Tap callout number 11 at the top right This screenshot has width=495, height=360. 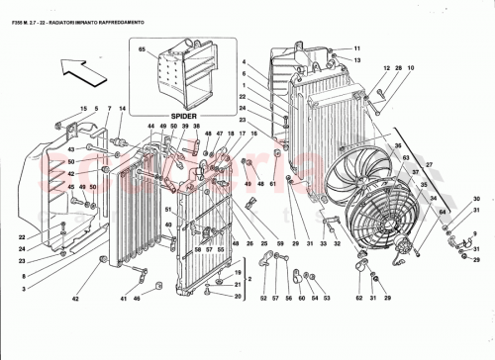(358, 48)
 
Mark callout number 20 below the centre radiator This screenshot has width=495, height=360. (238, 297)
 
